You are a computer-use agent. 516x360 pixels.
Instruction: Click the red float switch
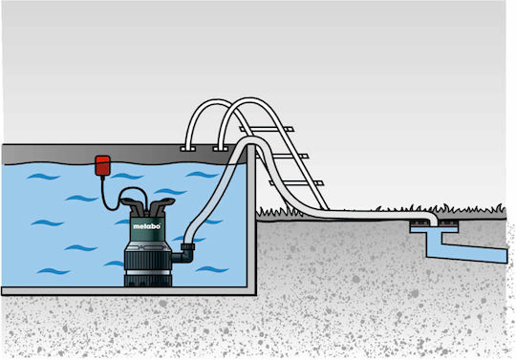click(102, 165)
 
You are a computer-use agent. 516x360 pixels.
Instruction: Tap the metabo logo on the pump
click(147, 226)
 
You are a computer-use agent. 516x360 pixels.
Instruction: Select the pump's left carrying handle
click(133, 204)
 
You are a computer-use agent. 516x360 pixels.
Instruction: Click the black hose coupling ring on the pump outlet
click(187, 247)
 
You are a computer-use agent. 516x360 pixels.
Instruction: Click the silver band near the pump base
click(148, 272)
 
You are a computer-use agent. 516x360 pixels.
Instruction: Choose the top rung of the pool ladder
click(268, 129)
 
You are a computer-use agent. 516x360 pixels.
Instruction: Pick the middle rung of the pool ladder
click(282, 157)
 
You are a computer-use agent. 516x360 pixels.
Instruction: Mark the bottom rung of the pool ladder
click(296, 183)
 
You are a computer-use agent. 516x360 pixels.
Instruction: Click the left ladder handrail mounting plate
click(188, 149)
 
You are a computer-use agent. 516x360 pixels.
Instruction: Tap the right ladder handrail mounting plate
click(221, 149)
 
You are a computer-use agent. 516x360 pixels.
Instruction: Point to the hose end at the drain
click(434, 221)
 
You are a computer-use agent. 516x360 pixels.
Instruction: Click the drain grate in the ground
click(434, 224)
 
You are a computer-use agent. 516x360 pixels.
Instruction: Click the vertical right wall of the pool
click(251, 219)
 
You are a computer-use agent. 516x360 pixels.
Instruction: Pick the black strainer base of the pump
click(148, 281)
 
